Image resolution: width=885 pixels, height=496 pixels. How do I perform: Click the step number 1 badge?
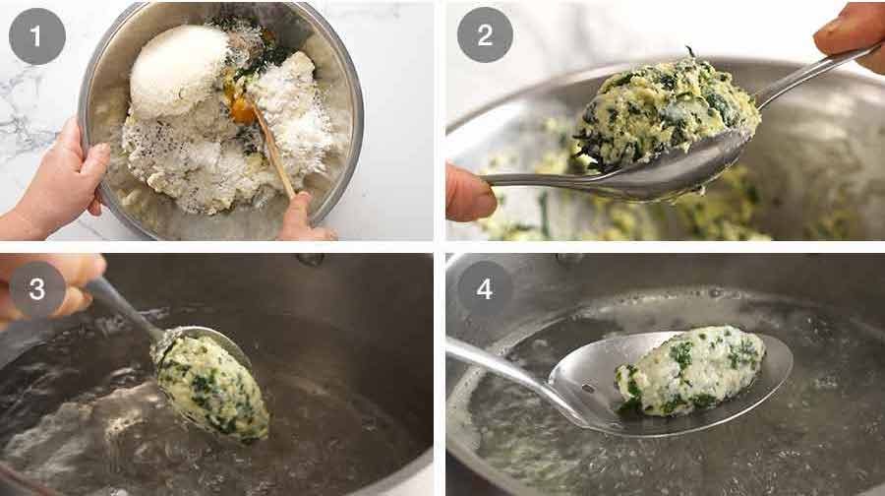pyautogui.click(x=36, y=35)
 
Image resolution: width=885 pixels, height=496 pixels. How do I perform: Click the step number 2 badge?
pyautogui.click(x=484, y=35)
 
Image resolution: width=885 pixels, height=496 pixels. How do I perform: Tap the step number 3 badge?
pyautogui.click(x=36, y=288)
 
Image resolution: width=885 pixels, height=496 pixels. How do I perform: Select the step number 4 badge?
pyautogui.click(x=484, y=288)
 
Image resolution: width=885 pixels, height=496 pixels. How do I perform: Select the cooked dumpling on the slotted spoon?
pyautogui.click(x=688, y=369)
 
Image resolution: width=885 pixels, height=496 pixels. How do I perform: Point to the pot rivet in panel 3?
pyautogui.click(x=311, y=260)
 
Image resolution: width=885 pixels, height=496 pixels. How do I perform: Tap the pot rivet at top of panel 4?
pyautogui.click(x=568, y=259)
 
